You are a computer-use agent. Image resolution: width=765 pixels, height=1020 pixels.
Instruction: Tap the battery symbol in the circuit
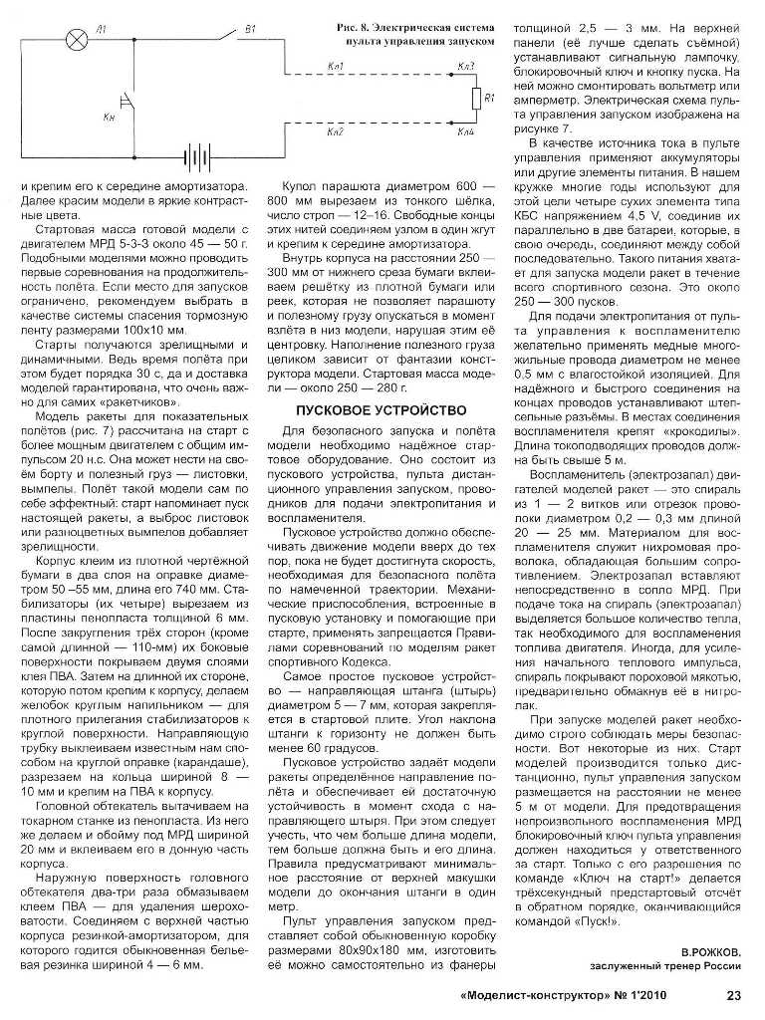(x=197, y=156)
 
